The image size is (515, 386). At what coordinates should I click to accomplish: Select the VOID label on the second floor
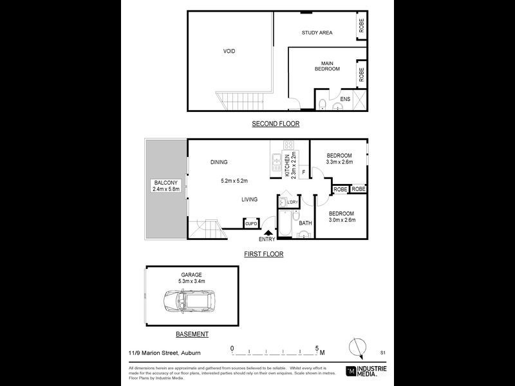point(229,51)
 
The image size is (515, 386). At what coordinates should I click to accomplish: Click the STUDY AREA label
point(317,33)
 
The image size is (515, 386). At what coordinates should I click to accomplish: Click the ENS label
point(345,99)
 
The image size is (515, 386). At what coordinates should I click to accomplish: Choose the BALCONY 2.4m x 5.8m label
point(165,186)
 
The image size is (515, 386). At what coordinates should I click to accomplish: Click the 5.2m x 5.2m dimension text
point(234,180)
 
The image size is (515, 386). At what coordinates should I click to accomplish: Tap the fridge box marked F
point(303,172)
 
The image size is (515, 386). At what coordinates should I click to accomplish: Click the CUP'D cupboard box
point(251,223)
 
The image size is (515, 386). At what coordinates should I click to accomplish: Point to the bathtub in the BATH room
point(284,225)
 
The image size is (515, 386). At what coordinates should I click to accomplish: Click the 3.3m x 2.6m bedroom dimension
point(339,163)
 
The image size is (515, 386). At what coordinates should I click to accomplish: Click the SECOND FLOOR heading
point(276,124)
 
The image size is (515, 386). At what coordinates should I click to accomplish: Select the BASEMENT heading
point(192,335)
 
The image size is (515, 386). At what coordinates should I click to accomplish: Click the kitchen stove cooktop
point(290,145)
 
